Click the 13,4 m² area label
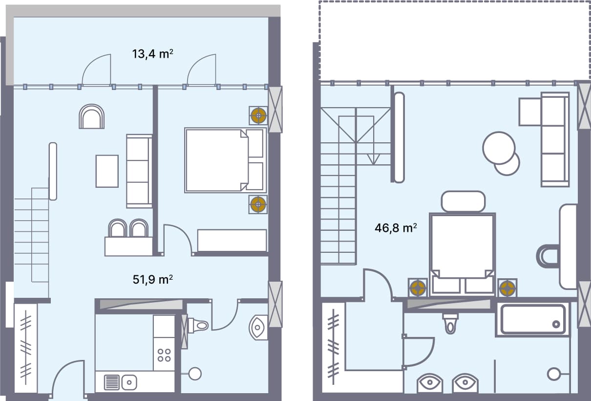153,54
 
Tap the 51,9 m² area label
153,280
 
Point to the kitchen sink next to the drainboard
128,381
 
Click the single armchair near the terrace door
92,117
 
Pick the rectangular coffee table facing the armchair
107,171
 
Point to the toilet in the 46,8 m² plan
450,322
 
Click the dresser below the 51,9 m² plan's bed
232,240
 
